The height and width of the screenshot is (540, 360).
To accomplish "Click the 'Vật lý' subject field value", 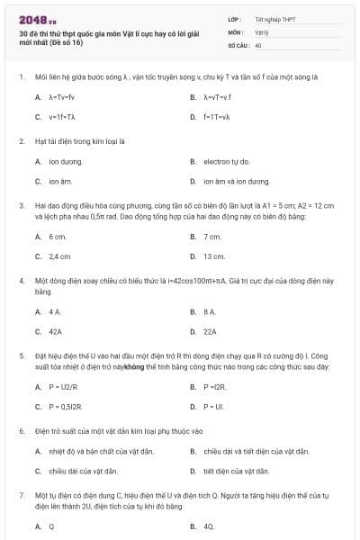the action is coord(261,31).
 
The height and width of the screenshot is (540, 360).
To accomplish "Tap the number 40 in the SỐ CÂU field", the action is coord(258,44).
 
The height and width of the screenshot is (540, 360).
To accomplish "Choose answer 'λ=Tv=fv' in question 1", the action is coord(62,97).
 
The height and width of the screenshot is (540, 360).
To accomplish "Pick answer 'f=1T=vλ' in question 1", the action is coord(217,117).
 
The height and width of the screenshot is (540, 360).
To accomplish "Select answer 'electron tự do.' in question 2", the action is coord(226,161).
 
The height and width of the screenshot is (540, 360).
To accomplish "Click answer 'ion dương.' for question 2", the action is coord(65,161).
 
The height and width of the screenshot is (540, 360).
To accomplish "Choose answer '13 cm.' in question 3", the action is coord(214,256).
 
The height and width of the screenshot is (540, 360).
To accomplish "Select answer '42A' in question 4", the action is coord(55,331).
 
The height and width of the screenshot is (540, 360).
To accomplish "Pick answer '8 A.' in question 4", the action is coord(210,311).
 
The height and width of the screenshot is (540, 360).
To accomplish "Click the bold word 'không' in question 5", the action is coord(134,367).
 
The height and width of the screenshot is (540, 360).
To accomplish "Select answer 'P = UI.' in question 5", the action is coord(213,406).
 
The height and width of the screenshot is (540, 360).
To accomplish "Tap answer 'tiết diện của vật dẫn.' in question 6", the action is coord(236,471).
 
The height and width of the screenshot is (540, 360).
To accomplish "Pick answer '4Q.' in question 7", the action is coord(209,526).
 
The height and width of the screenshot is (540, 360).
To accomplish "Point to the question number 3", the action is coord(21,205).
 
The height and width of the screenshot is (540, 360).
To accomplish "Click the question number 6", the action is coord(21,430).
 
